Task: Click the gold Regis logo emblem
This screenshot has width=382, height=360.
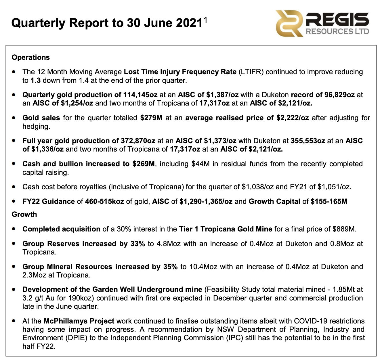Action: [289, 23]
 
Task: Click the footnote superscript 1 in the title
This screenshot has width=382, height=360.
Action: [205, 19]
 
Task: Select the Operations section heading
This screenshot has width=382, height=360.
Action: [31, 58]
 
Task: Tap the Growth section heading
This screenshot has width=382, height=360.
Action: [24, 215]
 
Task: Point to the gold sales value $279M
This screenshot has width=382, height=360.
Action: [151, 118]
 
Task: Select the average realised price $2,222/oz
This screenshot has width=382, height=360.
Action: [293, 118]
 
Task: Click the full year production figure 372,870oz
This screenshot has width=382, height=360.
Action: [137, 141]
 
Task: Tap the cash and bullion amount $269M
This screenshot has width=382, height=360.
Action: [144, 164]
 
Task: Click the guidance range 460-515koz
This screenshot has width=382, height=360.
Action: [104, 202]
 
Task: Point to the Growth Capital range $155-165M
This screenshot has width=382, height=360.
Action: [329, 202]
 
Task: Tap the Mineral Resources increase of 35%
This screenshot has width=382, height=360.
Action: [170, 267]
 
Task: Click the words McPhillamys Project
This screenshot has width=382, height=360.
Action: [79, 321]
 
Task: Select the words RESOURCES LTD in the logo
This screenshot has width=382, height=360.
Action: [337, 31]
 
